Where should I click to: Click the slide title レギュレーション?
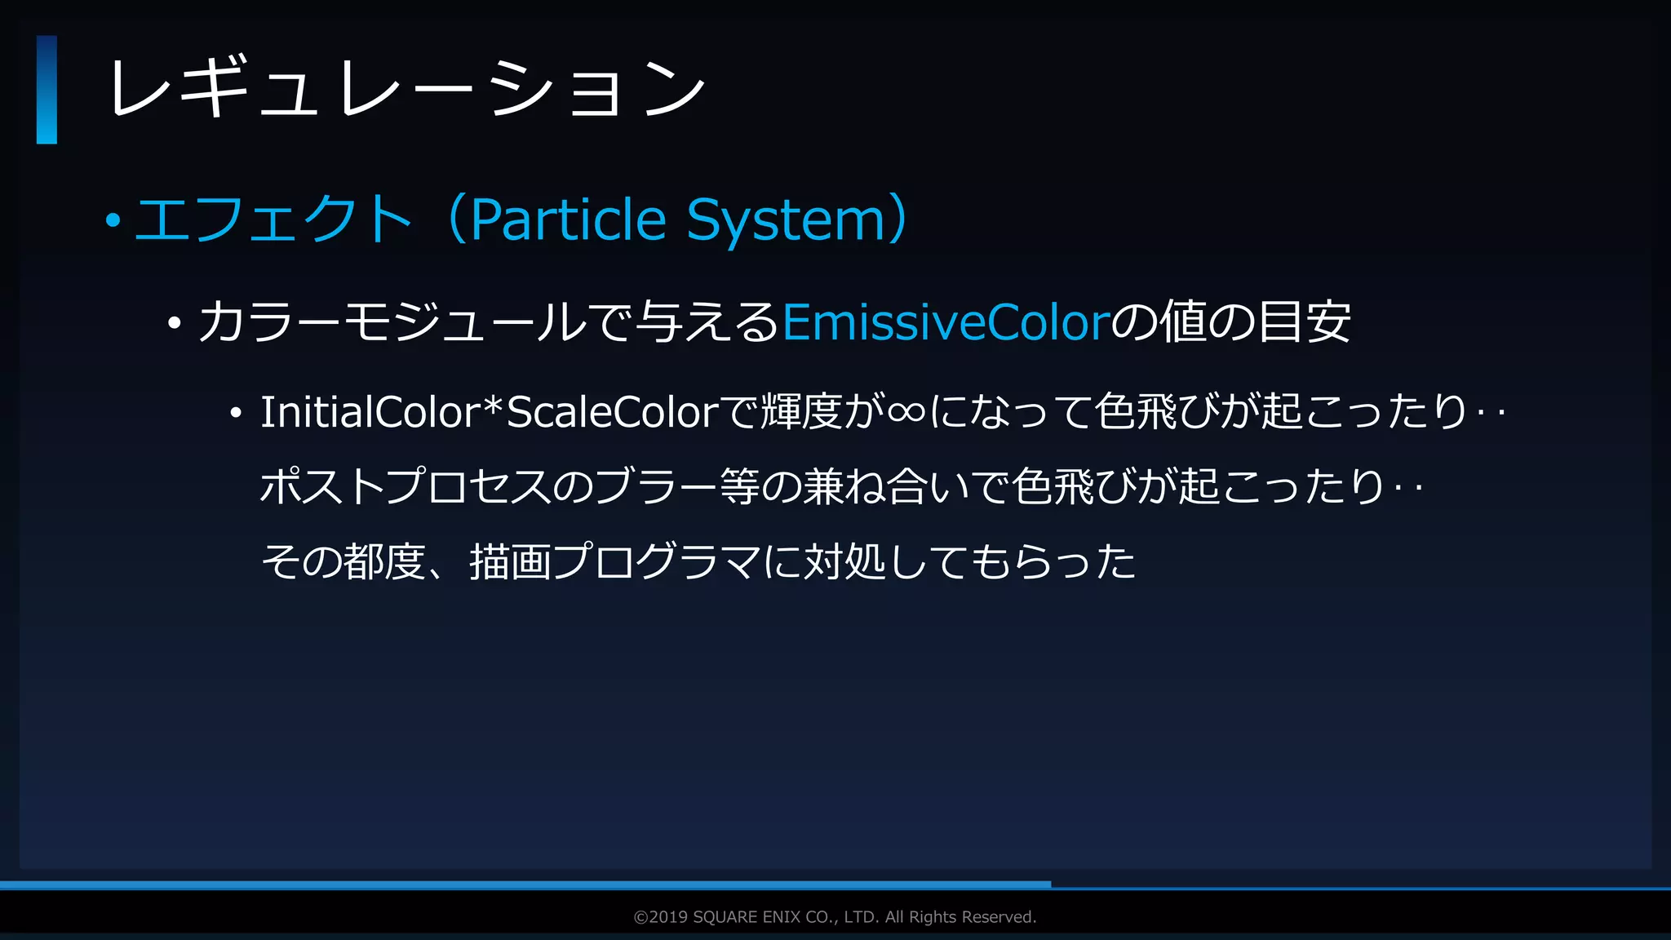406,89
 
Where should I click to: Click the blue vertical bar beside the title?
47,90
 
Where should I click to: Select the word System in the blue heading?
786,221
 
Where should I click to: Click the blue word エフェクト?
273,219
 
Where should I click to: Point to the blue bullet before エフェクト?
113,220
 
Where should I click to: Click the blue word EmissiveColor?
946,322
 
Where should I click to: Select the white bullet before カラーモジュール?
173,324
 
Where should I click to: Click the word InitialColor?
370,412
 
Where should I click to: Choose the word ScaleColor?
613,412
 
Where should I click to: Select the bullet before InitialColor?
236,414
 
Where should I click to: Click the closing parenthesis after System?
898,219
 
